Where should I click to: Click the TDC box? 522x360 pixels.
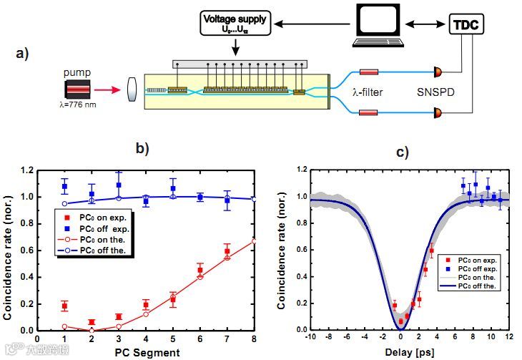pos(467,26)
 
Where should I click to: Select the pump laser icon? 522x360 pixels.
pos(77,89)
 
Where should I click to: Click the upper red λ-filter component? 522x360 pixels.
pos(369,72)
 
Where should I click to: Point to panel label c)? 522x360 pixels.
pos(403,151)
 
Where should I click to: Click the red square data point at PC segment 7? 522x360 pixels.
pos(227,251)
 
